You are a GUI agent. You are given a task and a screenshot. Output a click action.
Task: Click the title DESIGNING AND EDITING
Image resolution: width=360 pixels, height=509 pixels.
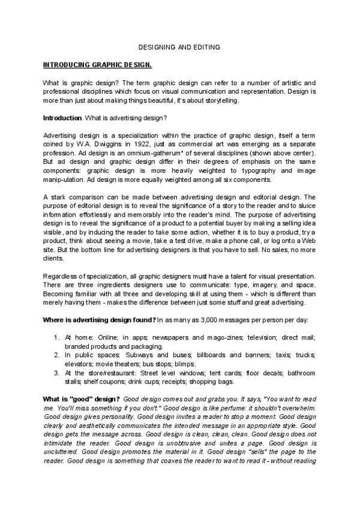click(179, 47)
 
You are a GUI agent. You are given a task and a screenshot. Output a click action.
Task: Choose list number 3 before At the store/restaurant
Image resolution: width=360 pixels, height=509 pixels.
click(56, 373)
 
